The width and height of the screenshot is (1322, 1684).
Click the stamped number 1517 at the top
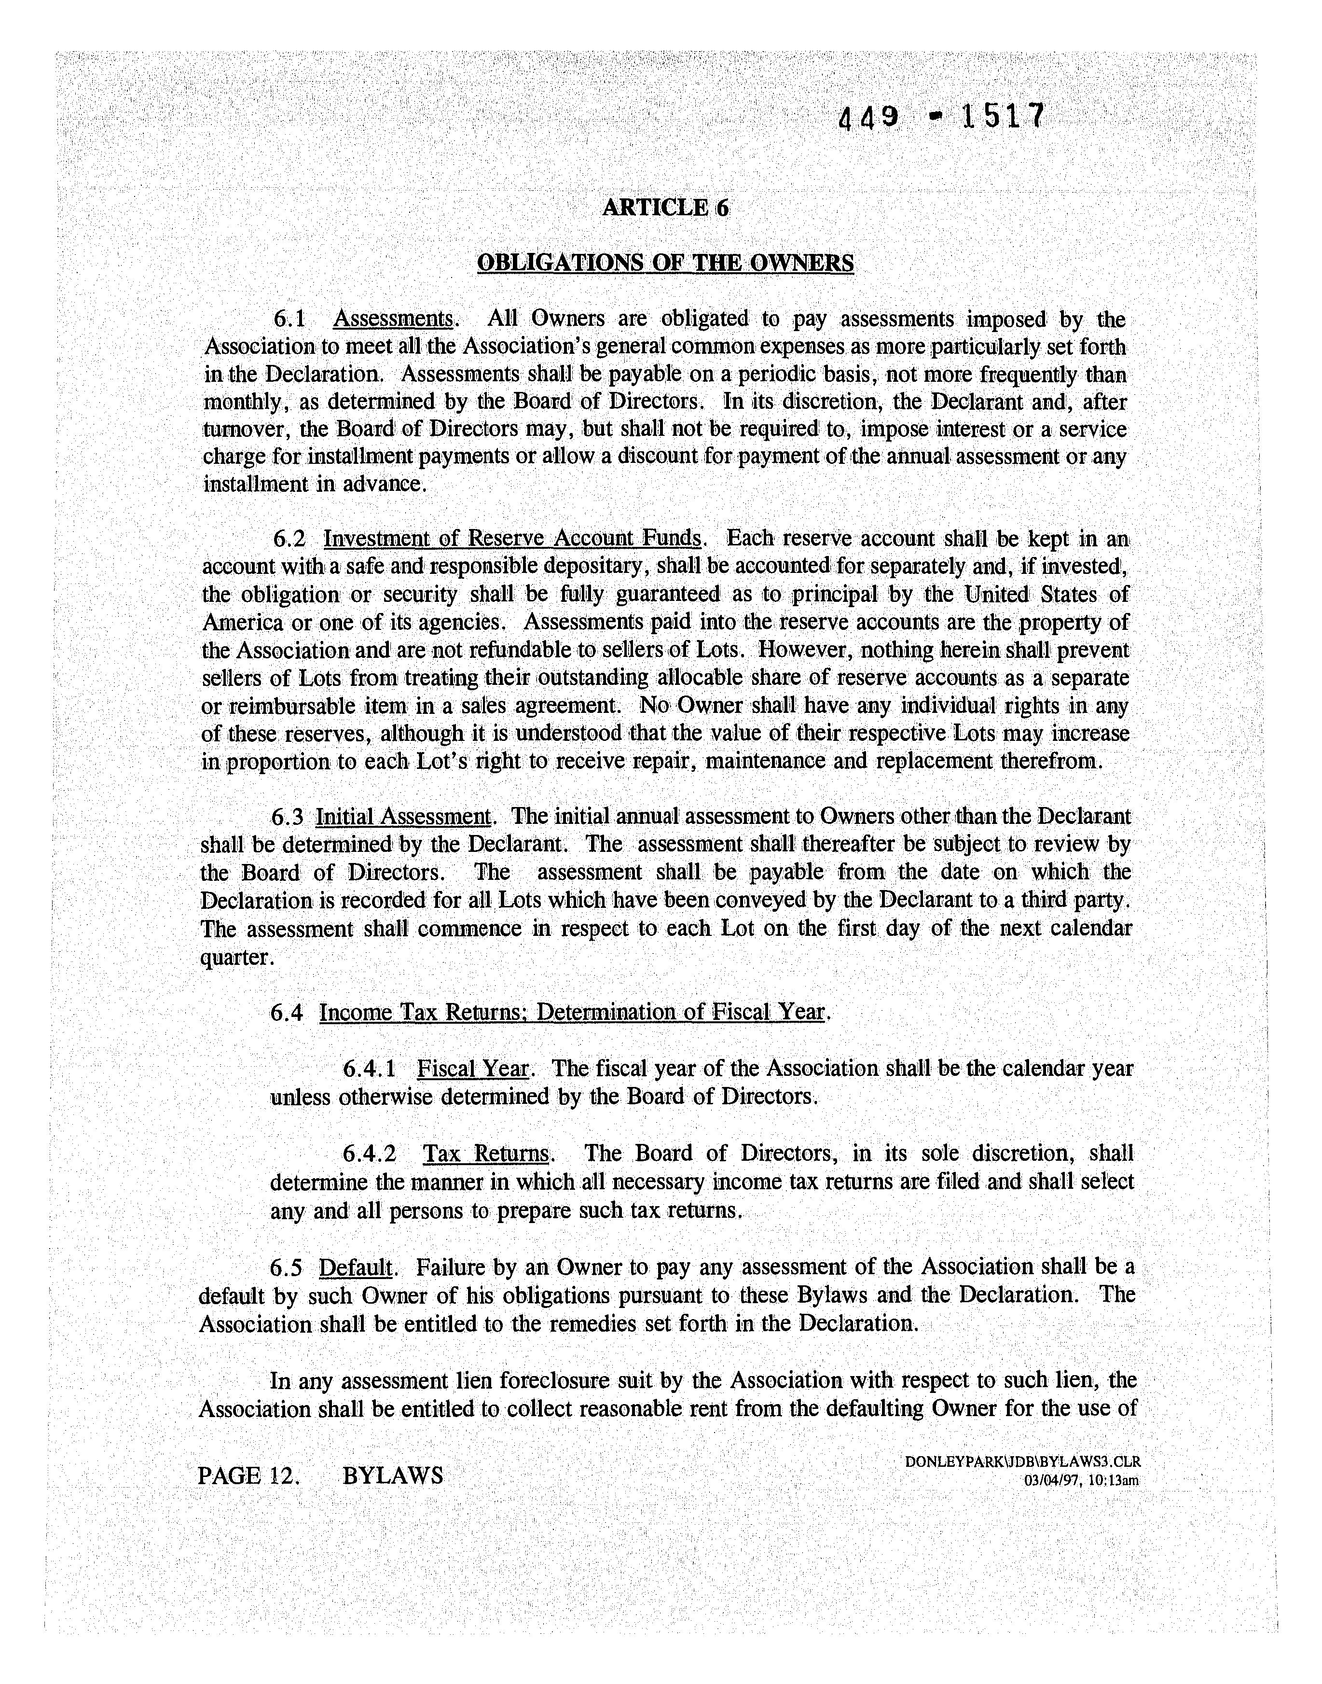[1002, 117]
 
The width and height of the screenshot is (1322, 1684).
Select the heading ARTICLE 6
[666, 208]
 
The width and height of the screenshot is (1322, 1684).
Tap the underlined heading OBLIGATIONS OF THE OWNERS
[666, 263]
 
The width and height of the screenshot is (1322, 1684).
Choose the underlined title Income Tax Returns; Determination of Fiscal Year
[572, 1013]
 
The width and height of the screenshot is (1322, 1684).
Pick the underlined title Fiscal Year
[473, 1069]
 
